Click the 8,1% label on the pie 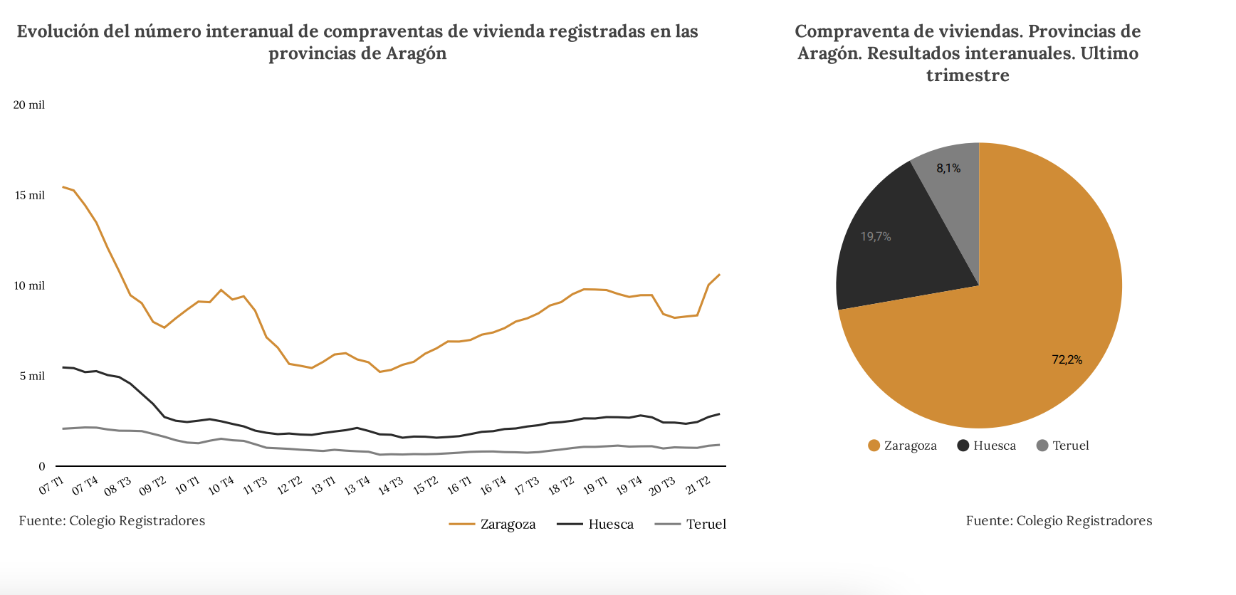(x=948, y=169)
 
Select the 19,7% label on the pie (x=876, y=236)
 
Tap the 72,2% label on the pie (x=1067, y=360)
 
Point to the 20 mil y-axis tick (x=29, y=105)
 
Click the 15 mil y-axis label (x=30, y=196)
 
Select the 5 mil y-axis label (x=32, y=377)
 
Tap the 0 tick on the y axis (x=42, y=467)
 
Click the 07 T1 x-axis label (x=51, y=486)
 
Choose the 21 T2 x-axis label (x=698, y=485)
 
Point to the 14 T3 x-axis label (x=390, y=485)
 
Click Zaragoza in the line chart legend (x=507, y=525)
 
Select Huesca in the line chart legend (x=610, y=525)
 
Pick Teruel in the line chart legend (x=706, y=525)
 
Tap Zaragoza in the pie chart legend (x=909, y=446)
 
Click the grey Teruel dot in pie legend (x=1042, y=446)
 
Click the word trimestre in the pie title (x=968, y=75)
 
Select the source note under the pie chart (x=1059, y=521)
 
